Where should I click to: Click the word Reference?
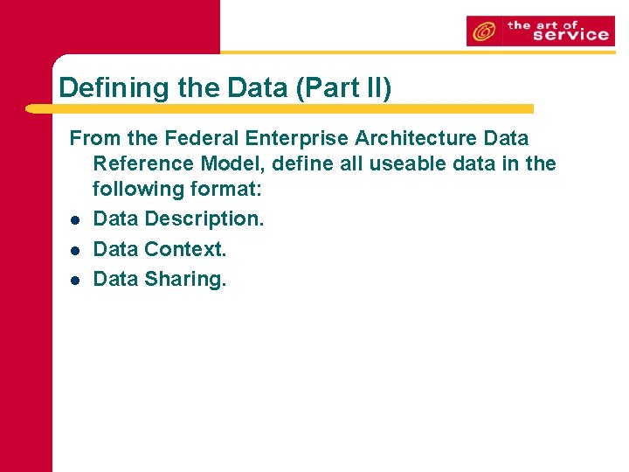click(143, 163)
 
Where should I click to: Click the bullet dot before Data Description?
click(76, 220)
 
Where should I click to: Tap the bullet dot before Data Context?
click(76, 250)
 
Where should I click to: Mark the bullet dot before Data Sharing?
click(76, 280)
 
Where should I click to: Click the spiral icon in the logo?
click(483, 32)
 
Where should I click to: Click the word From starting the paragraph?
click(94, 138)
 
